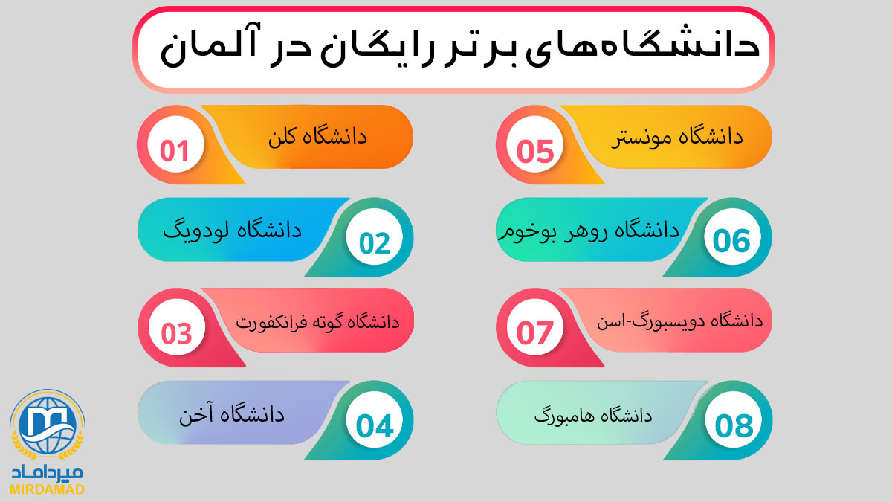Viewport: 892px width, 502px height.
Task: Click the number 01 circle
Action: pyautogui.click(x=175, y=144)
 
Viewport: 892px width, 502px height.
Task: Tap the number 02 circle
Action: pyautogui.click(x=375, y=236)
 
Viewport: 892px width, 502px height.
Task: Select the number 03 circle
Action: pyautogui.click(x=176, y=327)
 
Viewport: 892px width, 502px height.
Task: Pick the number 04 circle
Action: pyautogui.click(x=375, y=419)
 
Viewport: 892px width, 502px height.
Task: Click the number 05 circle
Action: pyautogui.click(x=534, y=144)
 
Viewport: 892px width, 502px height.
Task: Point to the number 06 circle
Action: pyautogui.click(x=732, y=236)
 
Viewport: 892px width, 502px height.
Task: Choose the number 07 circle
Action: pyautogui.click(x=534, y=327)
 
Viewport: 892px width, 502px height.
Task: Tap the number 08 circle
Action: pyautogui.click(x=733, y=419)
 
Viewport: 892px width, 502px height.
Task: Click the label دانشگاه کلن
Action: pyautogui.click(x=317, y=137)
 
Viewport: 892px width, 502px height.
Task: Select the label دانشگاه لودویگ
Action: pyautogui.click(x=232, y=231)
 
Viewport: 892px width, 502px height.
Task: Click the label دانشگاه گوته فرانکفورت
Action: pyautogui.click(x=317, y=321)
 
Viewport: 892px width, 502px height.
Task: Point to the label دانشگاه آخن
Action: pyautogui.click(x=232, y=414)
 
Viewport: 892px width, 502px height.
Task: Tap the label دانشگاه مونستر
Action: pyautogui.click(x=677, y=138)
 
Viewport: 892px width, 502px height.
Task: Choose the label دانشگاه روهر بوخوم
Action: pyautogui.click(x=589, y=231)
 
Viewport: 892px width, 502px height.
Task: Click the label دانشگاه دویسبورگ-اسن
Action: pyautogui.click(x=679, y=321)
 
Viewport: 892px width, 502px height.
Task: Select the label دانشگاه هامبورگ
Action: pyautogui.click(x=593, y=416)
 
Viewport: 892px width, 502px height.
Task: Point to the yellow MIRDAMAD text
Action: pyautogui.click(x=47, y=489)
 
